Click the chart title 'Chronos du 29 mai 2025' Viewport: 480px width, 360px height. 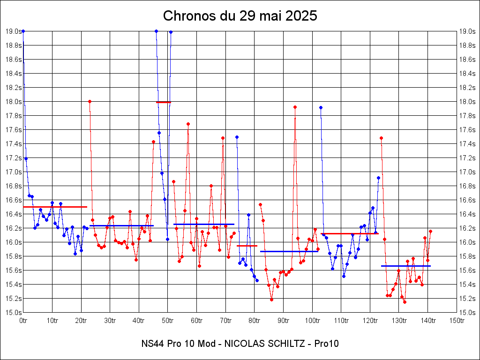(x=240, y=16)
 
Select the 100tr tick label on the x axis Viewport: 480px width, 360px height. (x=312, y=321)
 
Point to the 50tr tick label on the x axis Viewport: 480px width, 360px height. (x=168, y=321)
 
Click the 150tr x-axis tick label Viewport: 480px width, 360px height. (x=457, y=321)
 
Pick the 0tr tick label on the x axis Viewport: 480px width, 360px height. (x=23, y=321)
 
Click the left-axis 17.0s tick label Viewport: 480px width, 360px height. (x=13, y=172)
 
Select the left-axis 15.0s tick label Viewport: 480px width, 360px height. (x=13, y=313)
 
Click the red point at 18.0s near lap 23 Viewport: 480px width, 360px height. (x=90, y=101)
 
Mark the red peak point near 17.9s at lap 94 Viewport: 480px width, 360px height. (x=295, y=107)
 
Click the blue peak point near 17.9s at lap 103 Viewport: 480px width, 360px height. (x=321, y=107)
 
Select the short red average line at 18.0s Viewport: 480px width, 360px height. (x=164, y=102)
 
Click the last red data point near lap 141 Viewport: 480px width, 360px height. (x=430, y=231)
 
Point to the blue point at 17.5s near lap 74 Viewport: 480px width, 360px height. (x=237, y=137)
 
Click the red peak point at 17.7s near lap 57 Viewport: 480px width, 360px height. (x=188, y=124)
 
